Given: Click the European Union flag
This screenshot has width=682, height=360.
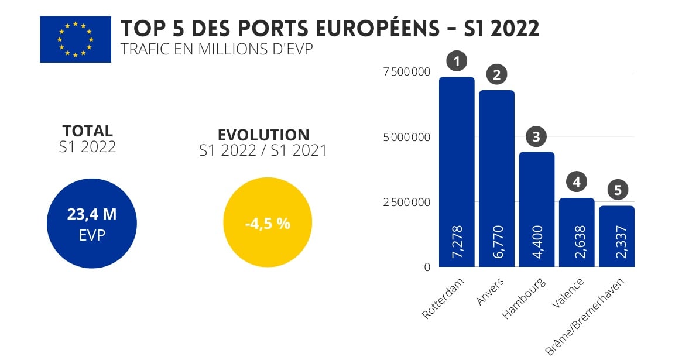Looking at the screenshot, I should (x=75, y=39).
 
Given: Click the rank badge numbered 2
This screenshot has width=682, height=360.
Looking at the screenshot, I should (x=497, y=75).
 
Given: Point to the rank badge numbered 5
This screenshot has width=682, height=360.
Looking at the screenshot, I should (x=617, y=190).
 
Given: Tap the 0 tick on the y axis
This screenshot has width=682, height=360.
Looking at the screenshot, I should (x=427, y=267).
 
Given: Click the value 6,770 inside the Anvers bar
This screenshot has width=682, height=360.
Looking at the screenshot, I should (x=497, y=242).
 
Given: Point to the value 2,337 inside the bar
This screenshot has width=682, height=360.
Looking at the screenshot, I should (x=617, y=242).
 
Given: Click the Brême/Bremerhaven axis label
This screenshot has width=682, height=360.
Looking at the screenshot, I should (x=585, y=316).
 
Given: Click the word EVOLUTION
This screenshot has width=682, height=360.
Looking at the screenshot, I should (x=263, y=135).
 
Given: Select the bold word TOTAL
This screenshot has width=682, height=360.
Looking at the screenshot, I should (x=87, y=131).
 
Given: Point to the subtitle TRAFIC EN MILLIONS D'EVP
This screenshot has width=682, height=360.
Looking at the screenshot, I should (x=216, y=49).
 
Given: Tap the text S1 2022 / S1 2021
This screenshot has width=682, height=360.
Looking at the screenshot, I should (x=263, y=151).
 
